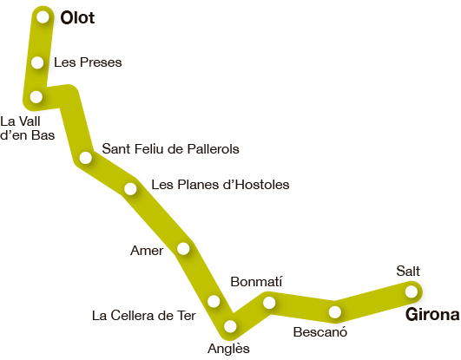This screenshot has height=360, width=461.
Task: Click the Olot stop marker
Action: [43, 17]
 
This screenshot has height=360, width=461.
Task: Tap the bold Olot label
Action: [77, 18]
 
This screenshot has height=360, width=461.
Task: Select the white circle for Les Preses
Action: [37, 62]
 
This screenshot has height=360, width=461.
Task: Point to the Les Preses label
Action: [88, 62]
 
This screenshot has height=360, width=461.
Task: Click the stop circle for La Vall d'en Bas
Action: [36, 96]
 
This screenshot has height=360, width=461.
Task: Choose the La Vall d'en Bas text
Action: [27, 128]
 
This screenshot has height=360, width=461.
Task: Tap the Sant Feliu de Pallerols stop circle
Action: [86, 158]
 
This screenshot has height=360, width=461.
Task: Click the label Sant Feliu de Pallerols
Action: [170, 148]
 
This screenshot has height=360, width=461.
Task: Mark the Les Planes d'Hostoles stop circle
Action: [130, 188]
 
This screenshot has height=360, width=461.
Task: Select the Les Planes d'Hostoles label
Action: [221, 185]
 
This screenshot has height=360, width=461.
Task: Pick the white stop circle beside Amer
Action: [183, 249]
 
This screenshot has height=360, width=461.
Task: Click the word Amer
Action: [147, 251]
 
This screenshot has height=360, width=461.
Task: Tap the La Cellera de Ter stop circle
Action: [214, 301]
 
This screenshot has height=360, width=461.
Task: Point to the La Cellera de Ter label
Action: [144, 316]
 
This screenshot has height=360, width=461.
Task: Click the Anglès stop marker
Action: [230, 326]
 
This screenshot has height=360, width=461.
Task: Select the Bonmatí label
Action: [256, 282]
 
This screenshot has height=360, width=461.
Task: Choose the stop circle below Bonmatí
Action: [269, 303]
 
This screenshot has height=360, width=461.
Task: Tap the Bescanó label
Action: [320, 332]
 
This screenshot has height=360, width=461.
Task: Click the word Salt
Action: [408, 271]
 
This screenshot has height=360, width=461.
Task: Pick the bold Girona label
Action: [432, 315]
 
